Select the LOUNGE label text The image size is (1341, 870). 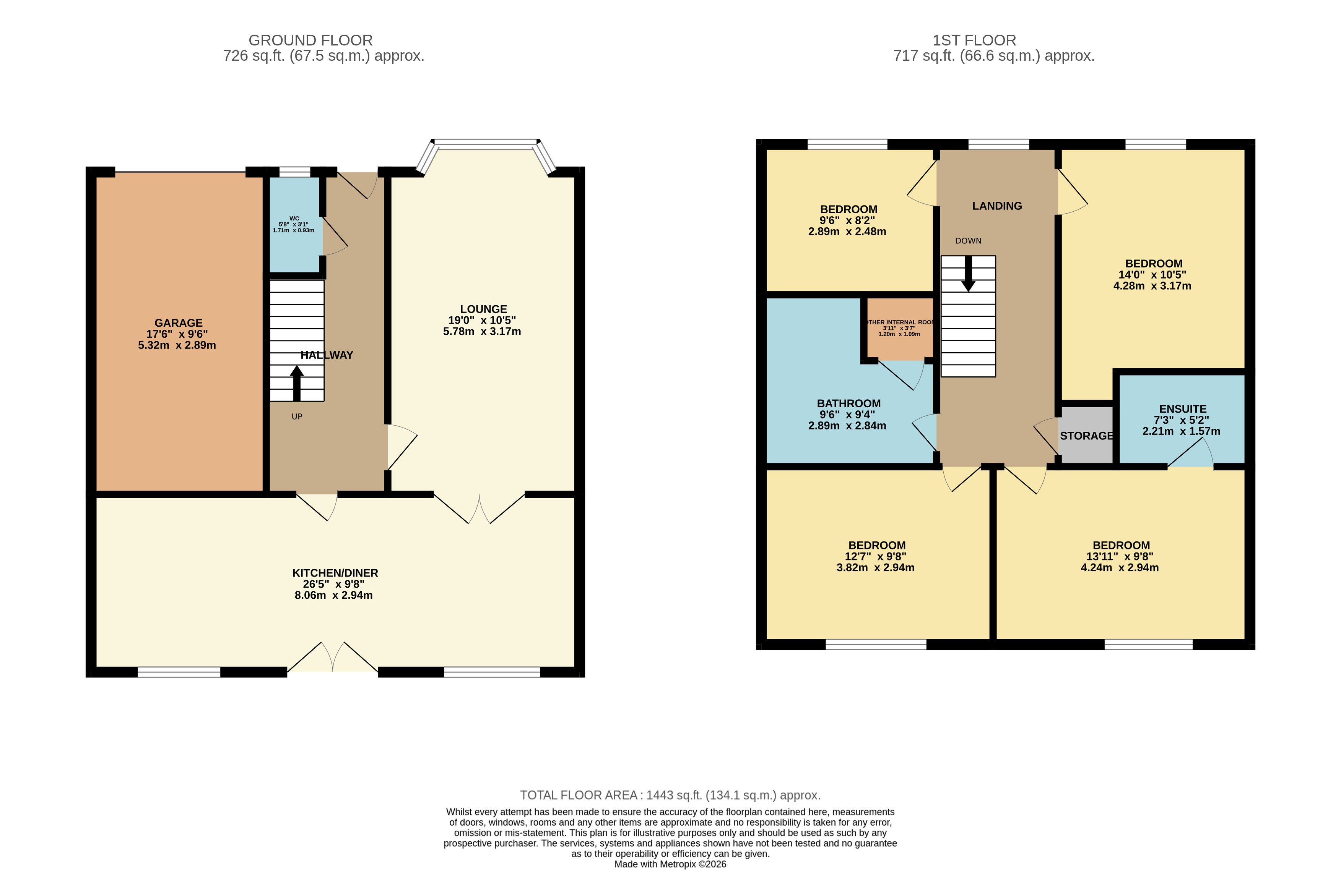[483, 309]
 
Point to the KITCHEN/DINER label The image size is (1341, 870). [335, 573]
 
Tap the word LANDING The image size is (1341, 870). [997, 206]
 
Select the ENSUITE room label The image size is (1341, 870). [1183, 409]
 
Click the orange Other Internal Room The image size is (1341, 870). [899, 328]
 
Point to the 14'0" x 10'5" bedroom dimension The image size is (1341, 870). [1152, 275]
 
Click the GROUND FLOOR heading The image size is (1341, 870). [310, 41]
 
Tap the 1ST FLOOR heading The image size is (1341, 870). [974, 41]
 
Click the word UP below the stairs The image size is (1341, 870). [297, 417]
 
